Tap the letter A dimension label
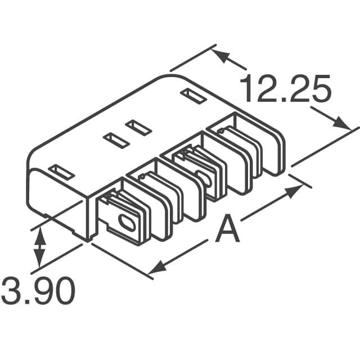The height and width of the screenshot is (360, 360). point(228,231)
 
